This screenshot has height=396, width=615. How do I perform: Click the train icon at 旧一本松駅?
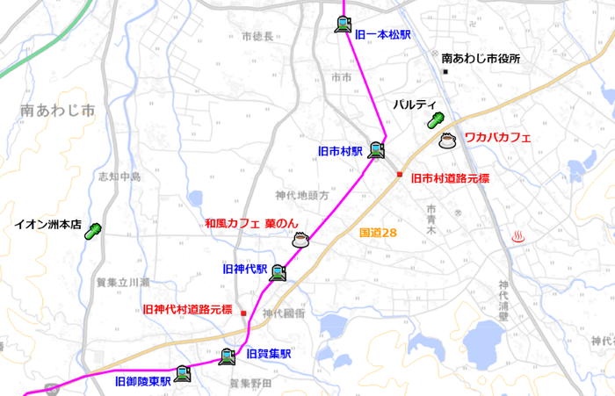[x=343, y=25]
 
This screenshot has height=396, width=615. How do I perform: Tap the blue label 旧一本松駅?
[x=383, y=34]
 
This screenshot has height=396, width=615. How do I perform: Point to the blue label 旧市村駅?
[x=340, y=151]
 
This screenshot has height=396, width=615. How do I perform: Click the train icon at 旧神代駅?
[x=279, y=272]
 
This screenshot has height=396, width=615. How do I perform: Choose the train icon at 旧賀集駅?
[x=228, y=356]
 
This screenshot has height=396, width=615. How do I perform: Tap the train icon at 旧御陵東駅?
[x=182, y=372]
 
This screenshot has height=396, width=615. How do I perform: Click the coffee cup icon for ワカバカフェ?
[x=447, y=140]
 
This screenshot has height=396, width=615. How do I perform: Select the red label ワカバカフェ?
[x=498, y=137]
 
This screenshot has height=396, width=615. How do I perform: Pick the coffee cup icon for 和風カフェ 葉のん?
[x=300, y=240]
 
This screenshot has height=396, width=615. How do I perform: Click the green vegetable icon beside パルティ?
[x=435, y=121]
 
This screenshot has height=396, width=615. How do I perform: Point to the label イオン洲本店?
[x=47, y=225]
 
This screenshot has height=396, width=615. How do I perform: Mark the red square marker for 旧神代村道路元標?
[x=244, y=313]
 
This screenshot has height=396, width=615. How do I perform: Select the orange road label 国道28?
[x=379, y=234]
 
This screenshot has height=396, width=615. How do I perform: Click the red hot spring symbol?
[x=519, y=235]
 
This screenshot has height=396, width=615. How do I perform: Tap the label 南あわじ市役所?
[x=481, y=59]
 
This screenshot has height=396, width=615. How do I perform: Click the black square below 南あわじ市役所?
[x=445, y=71]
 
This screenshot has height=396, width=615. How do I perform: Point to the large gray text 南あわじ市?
[x=57, y=112]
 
